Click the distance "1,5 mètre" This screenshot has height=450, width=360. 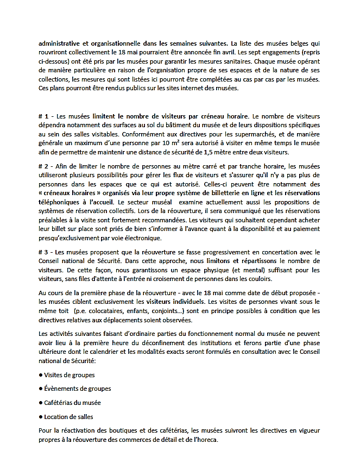coord(225,152)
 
